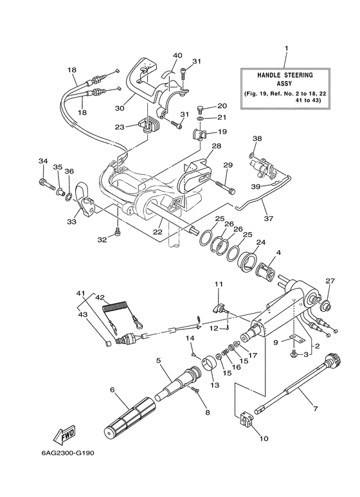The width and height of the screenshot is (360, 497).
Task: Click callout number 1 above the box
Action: [286, 48]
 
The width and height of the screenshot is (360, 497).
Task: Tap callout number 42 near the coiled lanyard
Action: [100, 298]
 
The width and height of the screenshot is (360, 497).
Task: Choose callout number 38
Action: [257, 138]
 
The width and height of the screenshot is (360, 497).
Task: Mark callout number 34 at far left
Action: [43, 161]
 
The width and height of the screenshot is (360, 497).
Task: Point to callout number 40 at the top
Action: [159, 55]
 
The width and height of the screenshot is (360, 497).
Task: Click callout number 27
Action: [330, 280]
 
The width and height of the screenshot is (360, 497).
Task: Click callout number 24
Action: [260, 242]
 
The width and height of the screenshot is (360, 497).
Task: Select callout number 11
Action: [218, 284]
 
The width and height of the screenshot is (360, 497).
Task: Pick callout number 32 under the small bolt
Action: [102, 239]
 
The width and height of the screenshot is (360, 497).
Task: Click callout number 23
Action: [119, 127]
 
